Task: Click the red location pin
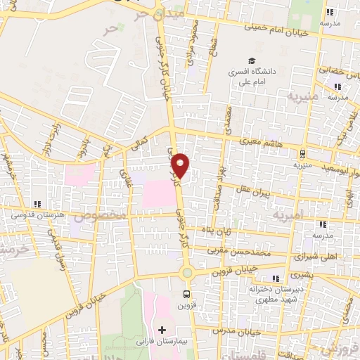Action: (181, 165)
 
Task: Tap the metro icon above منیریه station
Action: (302, 153)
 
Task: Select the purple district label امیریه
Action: (289, 212)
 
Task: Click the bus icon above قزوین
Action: (186, 294)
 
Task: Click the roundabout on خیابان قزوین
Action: (186, 273)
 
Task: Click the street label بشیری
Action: (300, 274)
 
